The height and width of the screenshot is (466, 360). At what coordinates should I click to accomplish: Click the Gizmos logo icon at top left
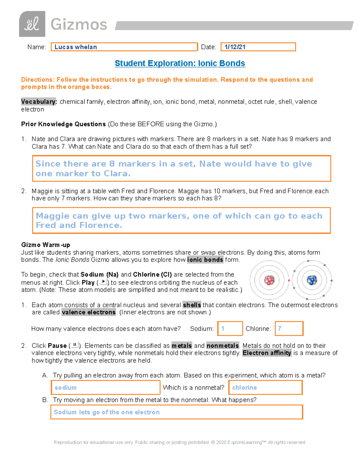32,24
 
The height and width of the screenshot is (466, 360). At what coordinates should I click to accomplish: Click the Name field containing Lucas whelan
124,47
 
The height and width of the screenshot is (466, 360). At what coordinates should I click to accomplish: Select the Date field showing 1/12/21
258,47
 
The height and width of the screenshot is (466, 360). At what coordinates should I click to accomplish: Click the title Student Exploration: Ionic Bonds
180,63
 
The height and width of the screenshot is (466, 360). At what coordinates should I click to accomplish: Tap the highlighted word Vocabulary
39,102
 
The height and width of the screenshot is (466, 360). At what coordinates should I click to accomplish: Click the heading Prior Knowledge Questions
63,124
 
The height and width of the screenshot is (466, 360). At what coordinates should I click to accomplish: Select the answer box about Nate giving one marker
181,168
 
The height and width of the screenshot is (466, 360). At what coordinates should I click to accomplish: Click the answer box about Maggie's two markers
181,220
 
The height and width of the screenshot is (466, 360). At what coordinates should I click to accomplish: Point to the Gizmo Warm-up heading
46,245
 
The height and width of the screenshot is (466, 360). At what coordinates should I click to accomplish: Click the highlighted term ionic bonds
205,260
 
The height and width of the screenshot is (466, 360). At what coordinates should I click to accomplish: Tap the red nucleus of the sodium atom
269,280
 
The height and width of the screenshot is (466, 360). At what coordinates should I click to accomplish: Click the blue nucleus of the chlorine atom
312,280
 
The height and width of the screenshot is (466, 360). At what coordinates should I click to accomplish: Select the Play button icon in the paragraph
103,282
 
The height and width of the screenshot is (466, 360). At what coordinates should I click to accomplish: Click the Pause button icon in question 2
75,345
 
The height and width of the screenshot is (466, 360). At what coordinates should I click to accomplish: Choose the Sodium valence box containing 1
230,329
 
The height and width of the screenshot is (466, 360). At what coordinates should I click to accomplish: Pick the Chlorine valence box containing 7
289,329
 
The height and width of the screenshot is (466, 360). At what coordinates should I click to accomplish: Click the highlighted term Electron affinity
267,353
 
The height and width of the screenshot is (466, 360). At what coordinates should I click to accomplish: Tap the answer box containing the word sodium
105,387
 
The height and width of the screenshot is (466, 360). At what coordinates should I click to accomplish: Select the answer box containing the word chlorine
265,387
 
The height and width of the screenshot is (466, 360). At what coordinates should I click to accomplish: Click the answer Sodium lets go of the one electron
176,412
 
